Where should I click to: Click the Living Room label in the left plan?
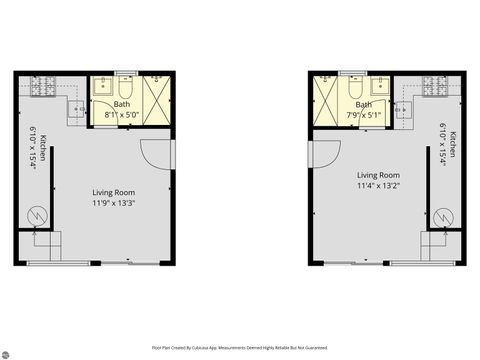(x=114, y=192)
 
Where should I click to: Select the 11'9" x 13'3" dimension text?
(x=114, y=203)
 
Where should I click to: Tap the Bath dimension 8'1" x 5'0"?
(x=122, y=114)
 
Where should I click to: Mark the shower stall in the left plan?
(x=157, y=97)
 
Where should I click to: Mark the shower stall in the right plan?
(x=327, y=97)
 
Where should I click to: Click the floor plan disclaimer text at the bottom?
(x=239, y=347)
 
